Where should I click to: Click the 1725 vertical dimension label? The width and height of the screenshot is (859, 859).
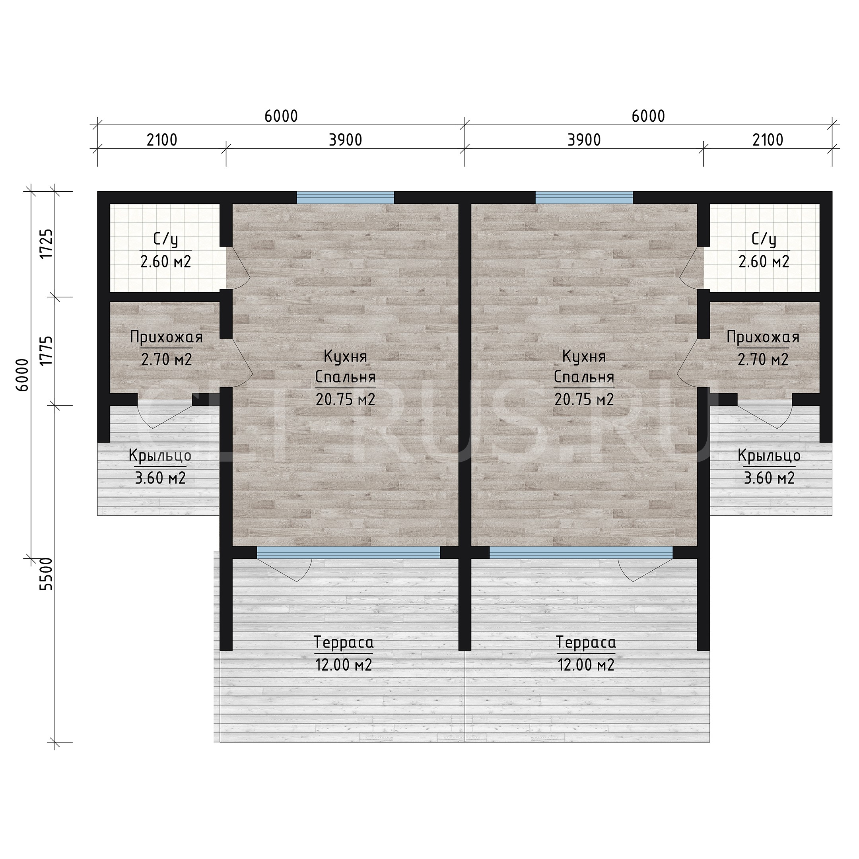(46, 243)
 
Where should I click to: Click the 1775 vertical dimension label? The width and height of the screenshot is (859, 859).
(46, 351)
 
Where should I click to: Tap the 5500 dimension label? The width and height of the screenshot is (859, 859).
(46, 574)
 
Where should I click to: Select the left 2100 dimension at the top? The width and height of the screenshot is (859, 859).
(162, 140)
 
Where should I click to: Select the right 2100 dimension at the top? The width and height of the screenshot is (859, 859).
(768, 140)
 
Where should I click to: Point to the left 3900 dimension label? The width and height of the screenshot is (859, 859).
(346, 140)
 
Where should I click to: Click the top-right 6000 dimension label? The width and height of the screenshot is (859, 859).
(648, 116)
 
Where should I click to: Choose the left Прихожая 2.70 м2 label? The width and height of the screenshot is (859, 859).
(166, 349)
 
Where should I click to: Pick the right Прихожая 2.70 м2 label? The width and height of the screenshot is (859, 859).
(763, 349)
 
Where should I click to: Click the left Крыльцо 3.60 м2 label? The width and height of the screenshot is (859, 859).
(160, 467)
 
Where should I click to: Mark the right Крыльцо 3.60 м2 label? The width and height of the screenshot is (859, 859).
(769, 467)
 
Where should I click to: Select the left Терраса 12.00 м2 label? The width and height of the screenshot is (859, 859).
(344, 654)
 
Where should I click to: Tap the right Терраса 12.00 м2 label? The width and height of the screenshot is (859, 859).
(586, 654)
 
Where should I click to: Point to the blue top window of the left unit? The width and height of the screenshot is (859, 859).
(346, 197)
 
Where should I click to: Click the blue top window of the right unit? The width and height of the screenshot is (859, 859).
(584, 197)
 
